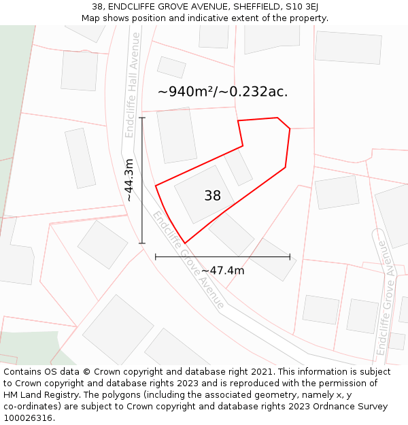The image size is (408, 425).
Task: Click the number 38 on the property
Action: click(x=212, y=196)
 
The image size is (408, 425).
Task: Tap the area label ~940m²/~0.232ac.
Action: click(x=222, y=92)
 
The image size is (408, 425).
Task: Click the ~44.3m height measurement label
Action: click(x=129, y=180)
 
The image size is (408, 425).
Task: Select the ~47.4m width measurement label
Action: click(x=222, y=271)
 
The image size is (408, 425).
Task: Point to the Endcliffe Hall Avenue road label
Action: click(x=131, y=85)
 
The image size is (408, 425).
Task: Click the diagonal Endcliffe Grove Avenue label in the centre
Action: click(x=188, y=260)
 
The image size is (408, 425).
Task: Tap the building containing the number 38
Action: click(x=204, y=194)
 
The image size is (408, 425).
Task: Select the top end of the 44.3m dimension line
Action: click(x=142, y=118)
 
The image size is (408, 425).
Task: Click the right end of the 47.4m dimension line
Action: click(x=290, y=257)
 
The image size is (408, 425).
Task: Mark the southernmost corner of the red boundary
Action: click(x=185, y=243)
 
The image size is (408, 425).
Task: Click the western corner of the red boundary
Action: click(x=156, y=185)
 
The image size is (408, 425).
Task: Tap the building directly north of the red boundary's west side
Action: click(x=176, y=135)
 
